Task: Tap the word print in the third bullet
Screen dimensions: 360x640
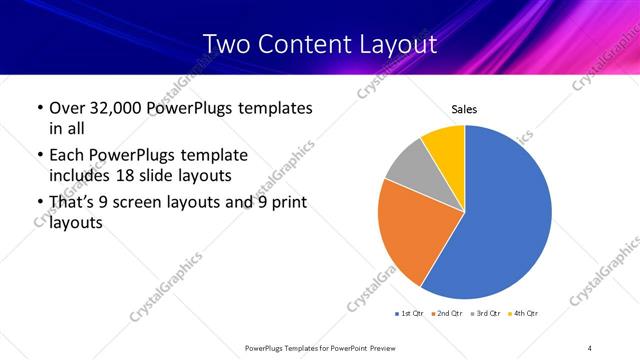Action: click(x=287, y=203)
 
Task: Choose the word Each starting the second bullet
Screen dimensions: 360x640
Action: click(x=68, y=155)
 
